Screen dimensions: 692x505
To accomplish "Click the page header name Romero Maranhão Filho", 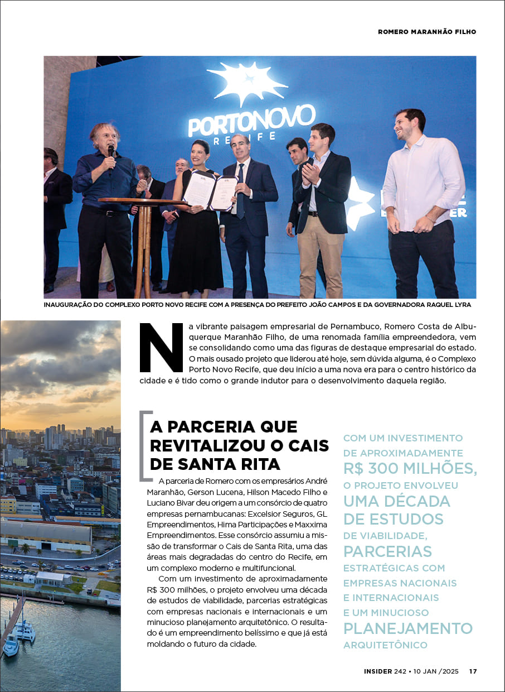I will (x=427, y=32).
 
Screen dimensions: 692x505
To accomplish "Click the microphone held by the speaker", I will (x=111, y=152).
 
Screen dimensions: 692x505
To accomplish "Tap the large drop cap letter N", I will (x=162, y=347).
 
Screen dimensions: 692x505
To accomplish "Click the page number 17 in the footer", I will (x=473, y=671).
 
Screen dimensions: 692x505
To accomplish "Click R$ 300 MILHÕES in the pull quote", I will (x=410, y=469).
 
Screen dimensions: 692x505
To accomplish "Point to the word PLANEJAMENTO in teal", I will (x=407, y=628).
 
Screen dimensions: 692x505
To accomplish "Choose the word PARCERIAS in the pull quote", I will (x=387, y=551).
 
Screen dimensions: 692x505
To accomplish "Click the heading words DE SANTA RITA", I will (x=215, y=463).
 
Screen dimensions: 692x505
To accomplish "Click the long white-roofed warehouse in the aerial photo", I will (x=46, y=536).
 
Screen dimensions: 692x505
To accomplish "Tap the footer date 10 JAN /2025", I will (x=436, y=671).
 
